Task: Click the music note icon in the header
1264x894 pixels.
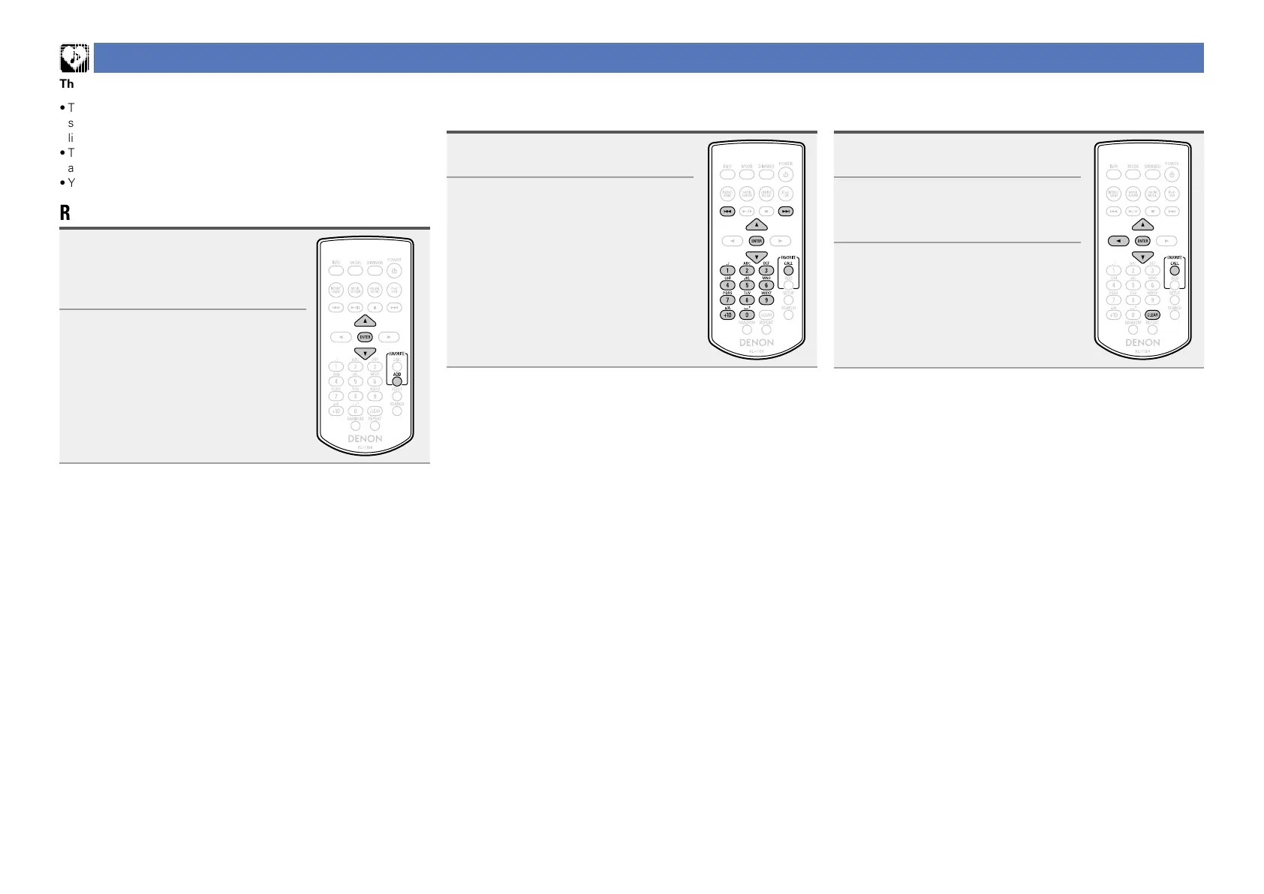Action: [x=74, y=58]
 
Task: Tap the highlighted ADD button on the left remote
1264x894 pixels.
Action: [x=397, y=381]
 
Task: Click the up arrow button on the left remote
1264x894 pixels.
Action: [x=365, y=321]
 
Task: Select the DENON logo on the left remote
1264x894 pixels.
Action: [x=365, y=439]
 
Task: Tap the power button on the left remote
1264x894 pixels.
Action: [x=395, y=271]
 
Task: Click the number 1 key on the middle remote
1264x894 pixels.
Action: [x=727, y=270]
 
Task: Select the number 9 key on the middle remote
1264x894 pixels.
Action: [x=766, y=300]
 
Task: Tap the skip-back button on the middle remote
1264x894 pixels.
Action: [x=727, y=212]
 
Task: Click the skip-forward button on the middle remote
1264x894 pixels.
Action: [x=786, y=212]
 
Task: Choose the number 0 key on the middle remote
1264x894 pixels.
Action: [x=747, y=315]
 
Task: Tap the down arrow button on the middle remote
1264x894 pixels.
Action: [x=757, y=257]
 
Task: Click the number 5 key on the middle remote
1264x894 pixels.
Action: [x=747, y=285]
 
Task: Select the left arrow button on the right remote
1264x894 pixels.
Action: [x=1118, y=241]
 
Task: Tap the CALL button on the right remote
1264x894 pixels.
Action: [x=1175, y=271]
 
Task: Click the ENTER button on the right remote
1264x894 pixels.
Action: [x=1142, y=241]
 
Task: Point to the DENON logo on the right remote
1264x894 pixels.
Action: [x=1142, y=343]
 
